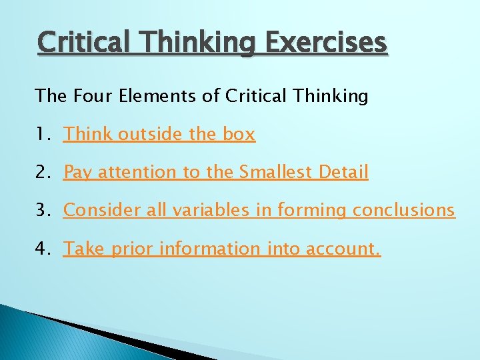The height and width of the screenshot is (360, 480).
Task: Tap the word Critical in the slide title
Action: (87, 43)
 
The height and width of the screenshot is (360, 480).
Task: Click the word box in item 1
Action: (239, 135)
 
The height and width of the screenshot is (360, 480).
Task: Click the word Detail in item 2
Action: (343, 173)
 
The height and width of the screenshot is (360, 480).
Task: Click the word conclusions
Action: (403, 211)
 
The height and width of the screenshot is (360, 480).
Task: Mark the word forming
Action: (311, 211)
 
